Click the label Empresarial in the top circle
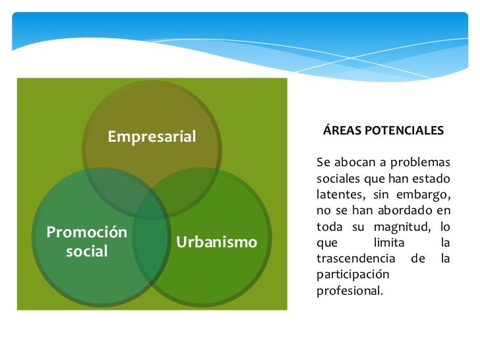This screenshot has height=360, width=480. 152,136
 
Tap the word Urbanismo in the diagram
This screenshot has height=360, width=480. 216,242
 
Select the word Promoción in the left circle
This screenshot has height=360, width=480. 86,232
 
